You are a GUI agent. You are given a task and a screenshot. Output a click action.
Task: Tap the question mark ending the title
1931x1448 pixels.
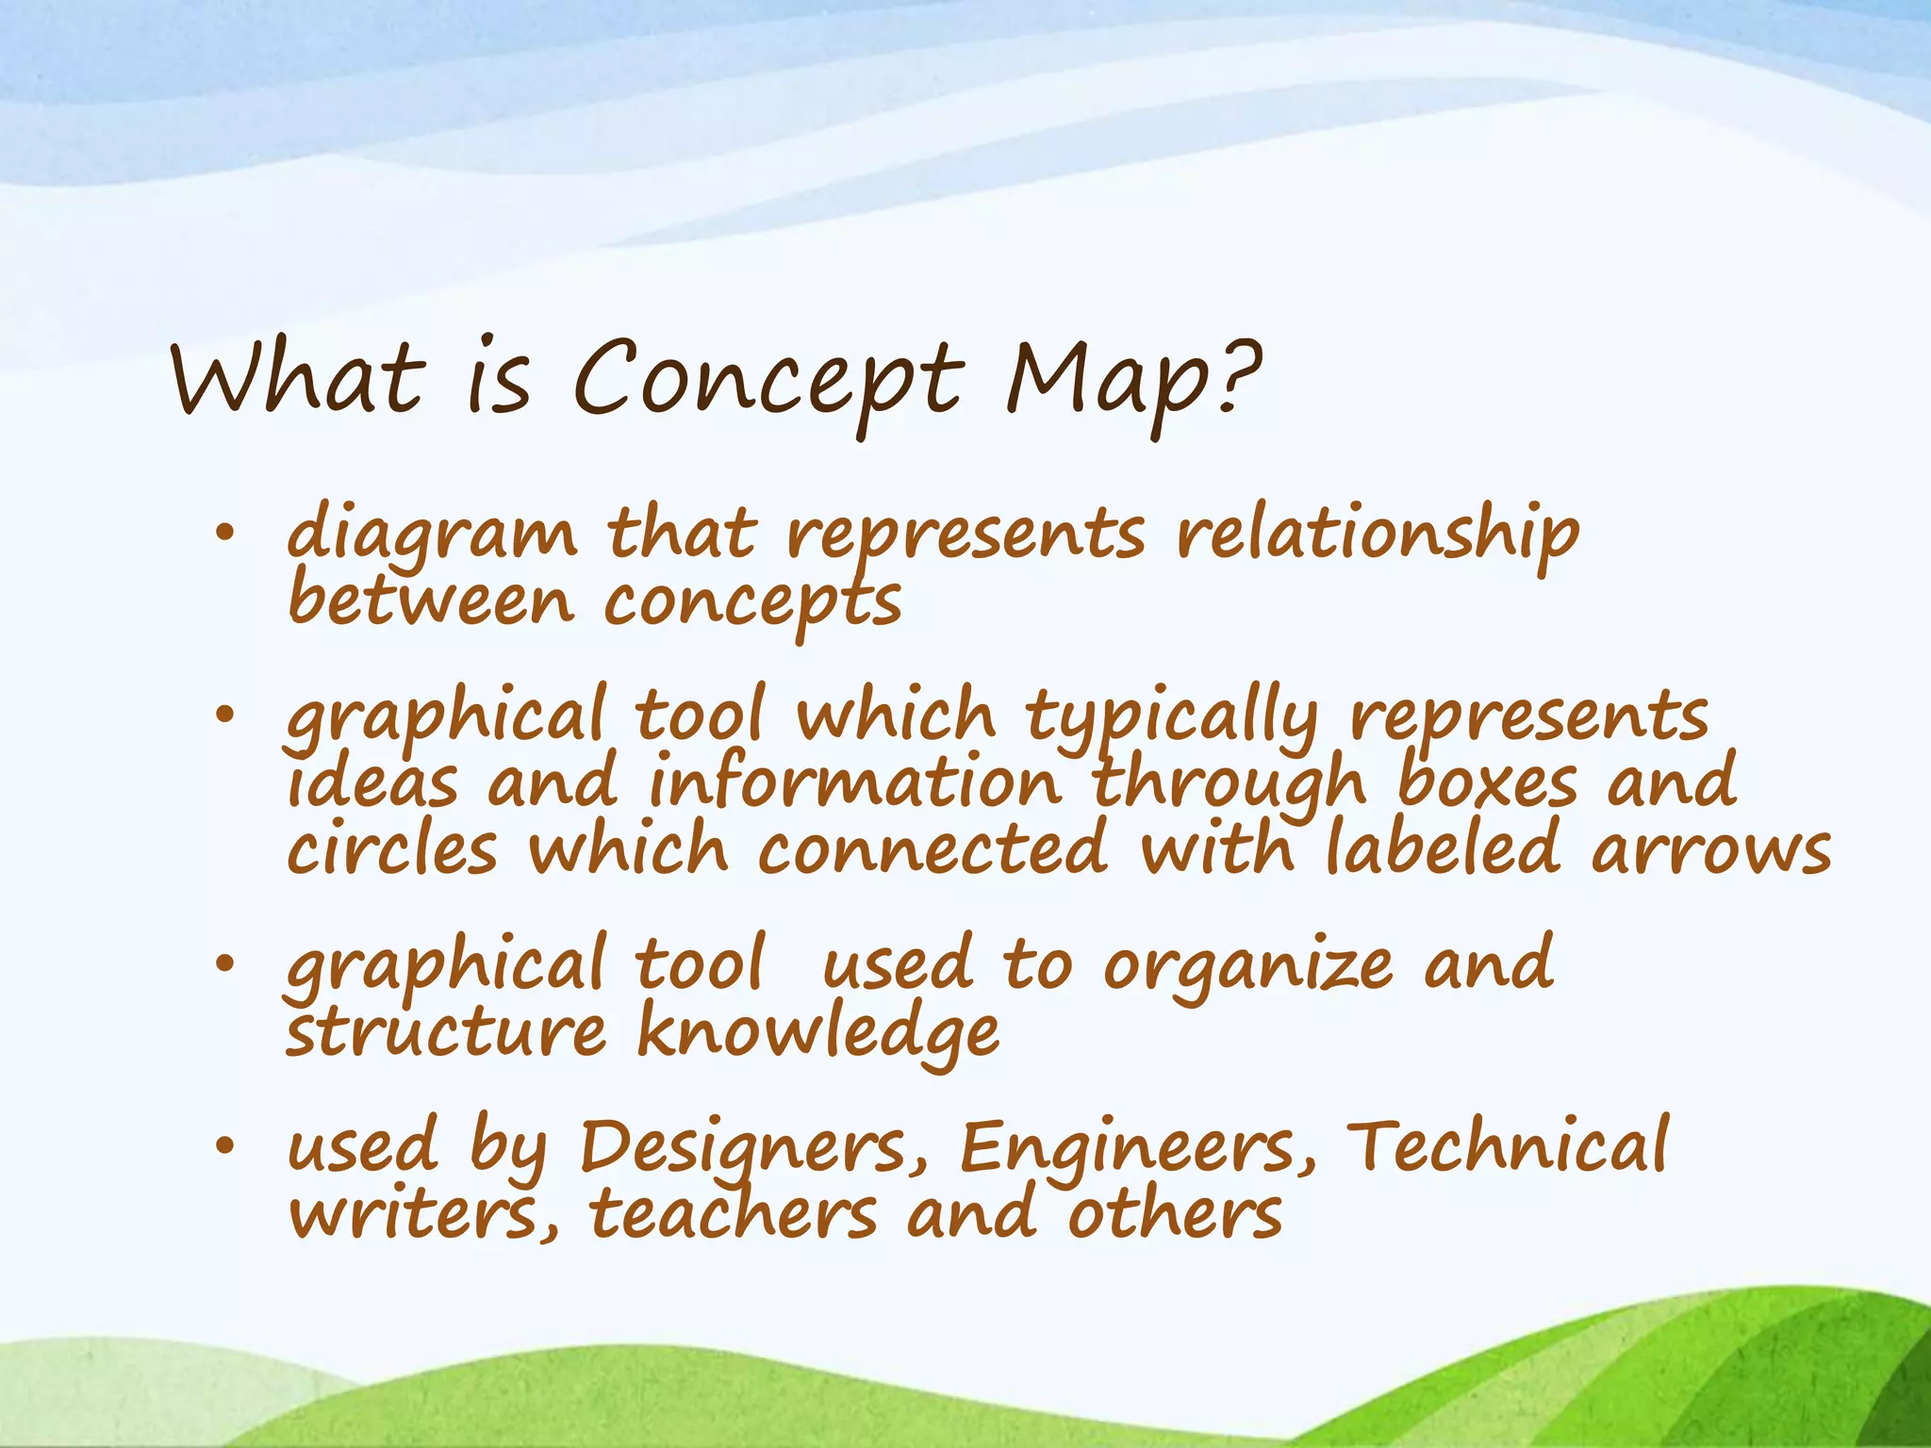coord(1238,377)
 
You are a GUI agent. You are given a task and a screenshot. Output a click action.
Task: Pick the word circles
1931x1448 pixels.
coord(392,849)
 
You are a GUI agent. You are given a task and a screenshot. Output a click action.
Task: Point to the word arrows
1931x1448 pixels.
coord(1711,849)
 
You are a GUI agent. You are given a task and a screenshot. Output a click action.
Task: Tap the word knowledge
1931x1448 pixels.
coord(818,1033)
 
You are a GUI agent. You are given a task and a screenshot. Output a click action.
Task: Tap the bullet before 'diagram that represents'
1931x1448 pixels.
coord(223,535)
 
